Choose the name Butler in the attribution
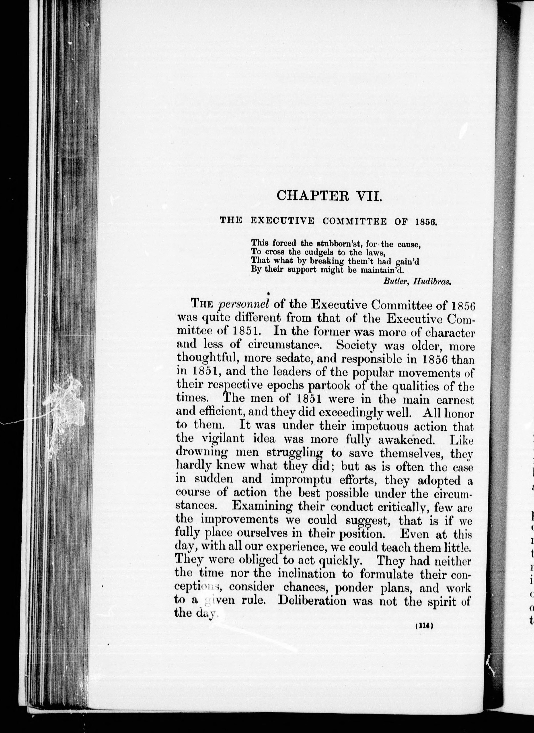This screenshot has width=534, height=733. coord(392,281)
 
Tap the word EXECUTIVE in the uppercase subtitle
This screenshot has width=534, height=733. coord(283,221)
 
